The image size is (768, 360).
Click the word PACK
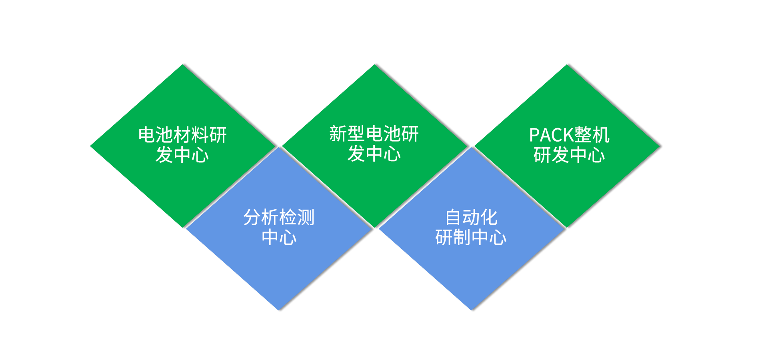(x=548, y=135)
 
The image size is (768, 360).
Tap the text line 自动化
(x=471, y=218)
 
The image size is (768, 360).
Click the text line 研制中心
(x=471, y=238)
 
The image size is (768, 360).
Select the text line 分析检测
(x=279, y=218)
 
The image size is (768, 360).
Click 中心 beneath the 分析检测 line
(x=279, y=238)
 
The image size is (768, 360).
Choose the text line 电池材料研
(x=182, y=135)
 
